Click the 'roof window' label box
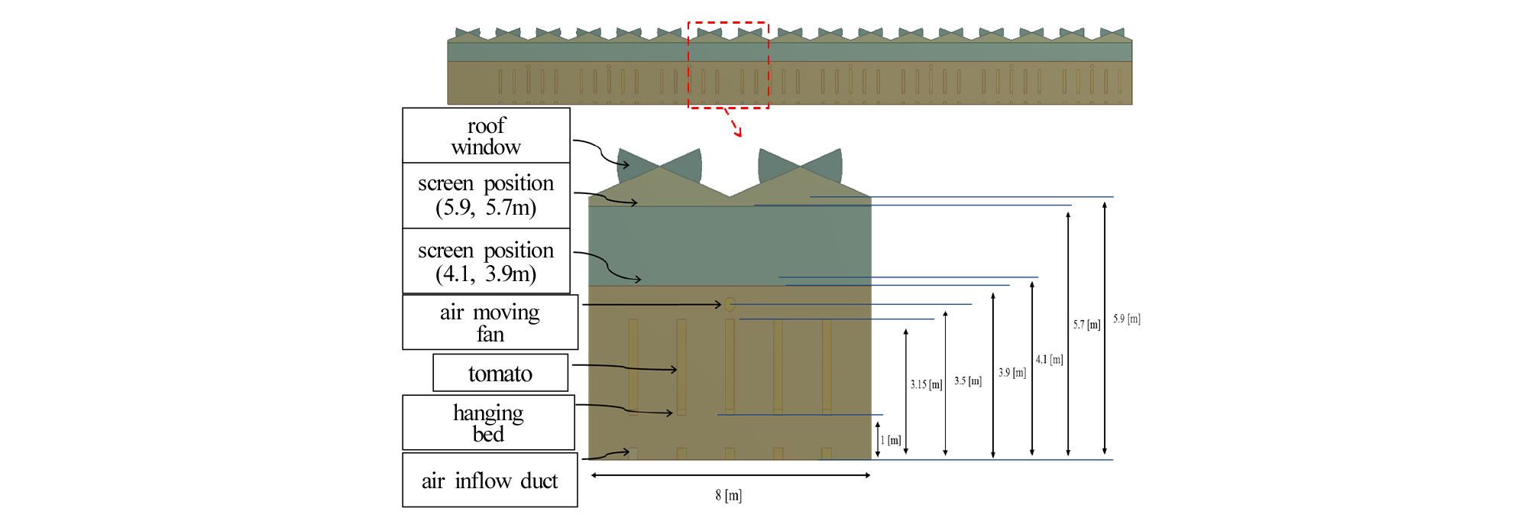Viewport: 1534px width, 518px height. (x=486, y=135)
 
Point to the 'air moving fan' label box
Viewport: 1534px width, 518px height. (x=490, y=322)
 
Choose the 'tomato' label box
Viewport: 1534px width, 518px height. (x=500, y=373)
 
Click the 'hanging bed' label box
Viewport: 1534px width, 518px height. (x=488, y=422)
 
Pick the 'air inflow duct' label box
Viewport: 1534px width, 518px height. (x=490, y=480)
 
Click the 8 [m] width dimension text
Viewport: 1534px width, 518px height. (x=728, y=495)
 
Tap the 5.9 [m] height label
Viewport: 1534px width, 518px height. (x=1126, y=319)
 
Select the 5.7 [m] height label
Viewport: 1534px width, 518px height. (x=1086, y=325)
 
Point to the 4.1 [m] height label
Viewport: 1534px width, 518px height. (x=1049, y=359)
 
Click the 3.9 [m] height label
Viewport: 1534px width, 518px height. (x=1012, y=373)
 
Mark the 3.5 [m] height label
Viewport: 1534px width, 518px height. (x=967, y=380)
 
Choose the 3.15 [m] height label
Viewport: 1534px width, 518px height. (x=926, y=384)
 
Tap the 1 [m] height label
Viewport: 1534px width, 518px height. (x=891, y=440)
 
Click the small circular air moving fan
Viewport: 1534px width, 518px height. (x=730, y=304)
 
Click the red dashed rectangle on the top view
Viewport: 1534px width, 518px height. (x=728, y=23)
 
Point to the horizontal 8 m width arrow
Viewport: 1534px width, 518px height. (x=730, y=475)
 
